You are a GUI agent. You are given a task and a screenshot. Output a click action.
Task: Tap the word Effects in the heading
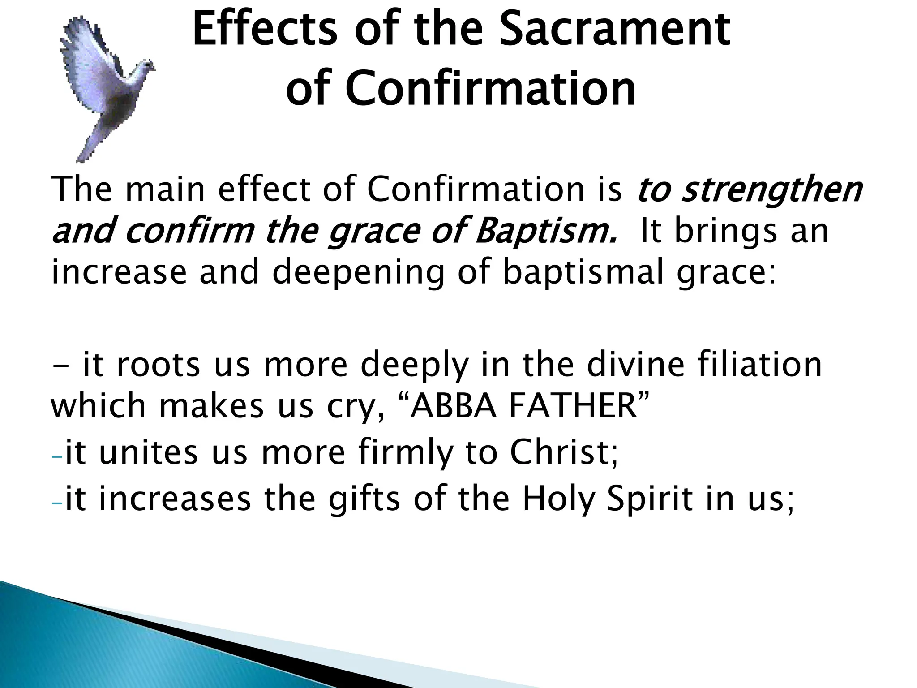[264, 30]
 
